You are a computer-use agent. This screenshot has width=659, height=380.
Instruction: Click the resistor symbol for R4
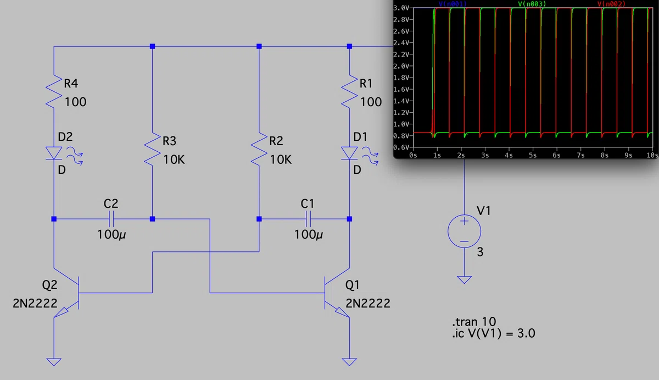pyautogui.click(x=54, y=92)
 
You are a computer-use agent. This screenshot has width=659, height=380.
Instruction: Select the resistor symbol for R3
pyautogui.click(x=153, y=149)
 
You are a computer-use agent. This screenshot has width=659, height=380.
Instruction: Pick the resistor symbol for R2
pyautogui.click(x=259, y=149)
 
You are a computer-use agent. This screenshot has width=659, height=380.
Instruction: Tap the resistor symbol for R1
pyautogui.click(x=349, y=92)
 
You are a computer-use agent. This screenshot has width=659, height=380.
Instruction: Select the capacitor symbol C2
pyautogui.click(x=111, y=219)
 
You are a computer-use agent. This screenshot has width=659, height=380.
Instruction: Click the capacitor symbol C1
pyautogui.click(x=308, y=219)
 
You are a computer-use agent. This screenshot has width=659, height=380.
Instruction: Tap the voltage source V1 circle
pyautogui.click(x=464, y=231)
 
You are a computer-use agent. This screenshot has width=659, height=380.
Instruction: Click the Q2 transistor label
pyautogui.click(x=50, y=285)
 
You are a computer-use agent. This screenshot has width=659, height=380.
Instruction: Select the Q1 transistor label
pyautogui.click(x=352, y=285)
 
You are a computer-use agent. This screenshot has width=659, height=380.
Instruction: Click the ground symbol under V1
pyautogui.click(x=464, y=279)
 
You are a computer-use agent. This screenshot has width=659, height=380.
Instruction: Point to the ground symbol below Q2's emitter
pyautogui.click(x=54, y=362)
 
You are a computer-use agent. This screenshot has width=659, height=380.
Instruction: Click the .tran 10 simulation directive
pyautogui.click(x=474, y=321)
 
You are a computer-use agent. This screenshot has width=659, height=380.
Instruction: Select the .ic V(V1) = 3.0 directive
pyautogui.click(x=494, y=333)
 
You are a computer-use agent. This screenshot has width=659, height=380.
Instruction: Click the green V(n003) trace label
pyautogui.click(x=532, y=4)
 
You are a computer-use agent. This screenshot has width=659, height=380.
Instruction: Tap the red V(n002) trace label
pyautogui.click(x=611, y=4)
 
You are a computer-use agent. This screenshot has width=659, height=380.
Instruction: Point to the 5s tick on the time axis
pyautogui.click(x=533, y=155)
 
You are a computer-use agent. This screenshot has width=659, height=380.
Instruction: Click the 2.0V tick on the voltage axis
pyautogui.click(x=401, y=66)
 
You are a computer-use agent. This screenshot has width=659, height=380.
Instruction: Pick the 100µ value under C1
pyautogui.click(x=308, y=235)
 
